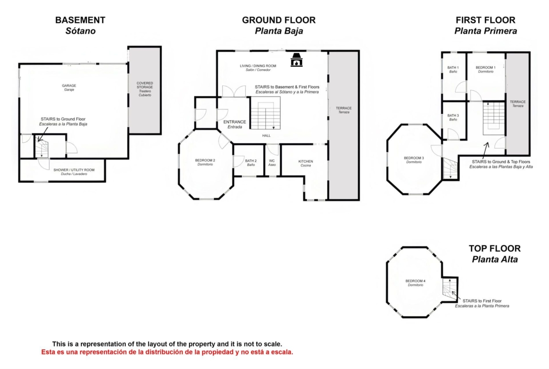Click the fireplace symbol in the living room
(x=296, y=60)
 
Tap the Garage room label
(x=69, y=87)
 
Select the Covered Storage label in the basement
(x=145, y=89)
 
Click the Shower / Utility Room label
(x=74, y=172)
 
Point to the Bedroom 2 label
(x=205, y=162)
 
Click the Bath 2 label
(x=251, y=163)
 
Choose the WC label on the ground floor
(x=272, y=163)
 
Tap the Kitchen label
(x=305, y=163)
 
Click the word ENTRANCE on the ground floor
(x=235, y=122)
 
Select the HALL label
(x=267, y=135)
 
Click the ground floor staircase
(x=266, y=113)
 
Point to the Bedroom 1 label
(x=486, y=70)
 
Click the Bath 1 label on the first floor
(x=453, y=70)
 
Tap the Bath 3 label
(x=453, y=118)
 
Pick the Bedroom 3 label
(x=414, y=160)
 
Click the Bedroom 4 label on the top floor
(x=415, y=283)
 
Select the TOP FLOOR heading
(x=495, y=248)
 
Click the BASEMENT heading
(x=80, y=20)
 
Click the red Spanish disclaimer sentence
(x=167, y=352)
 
